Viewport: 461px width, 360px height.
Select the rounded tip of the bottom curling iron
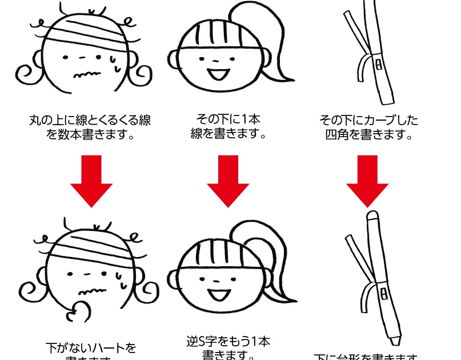pos(372,217)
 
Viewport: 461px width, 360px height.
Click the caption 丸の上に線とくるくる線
pos(90,121)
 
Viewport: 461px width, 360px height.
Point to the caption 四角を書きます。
pos(369,135)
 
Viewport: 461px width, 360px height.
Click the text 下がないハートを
pos(91,347)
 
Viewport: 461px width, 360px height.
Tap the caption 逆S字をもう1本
pos(229,342)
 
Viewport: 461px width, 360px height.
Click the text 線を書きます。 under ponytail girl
pos(229,135)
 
